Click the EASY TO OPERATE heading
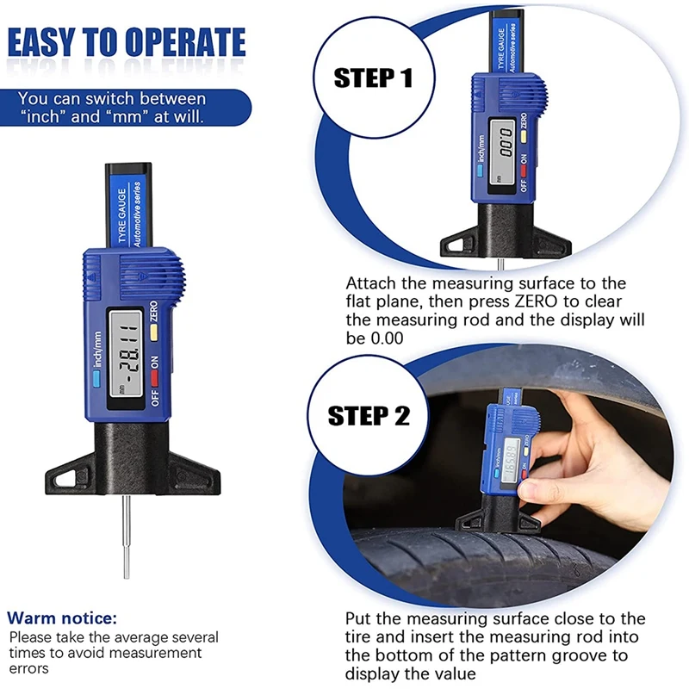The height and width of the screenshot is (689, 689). [127, 42]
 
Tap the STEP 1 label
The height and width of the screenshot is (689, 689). [373, 78]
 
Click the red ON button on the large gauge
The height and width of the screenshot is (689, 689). [155, 377]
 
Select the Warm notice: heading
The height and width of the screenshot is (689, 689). [61, 618]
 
